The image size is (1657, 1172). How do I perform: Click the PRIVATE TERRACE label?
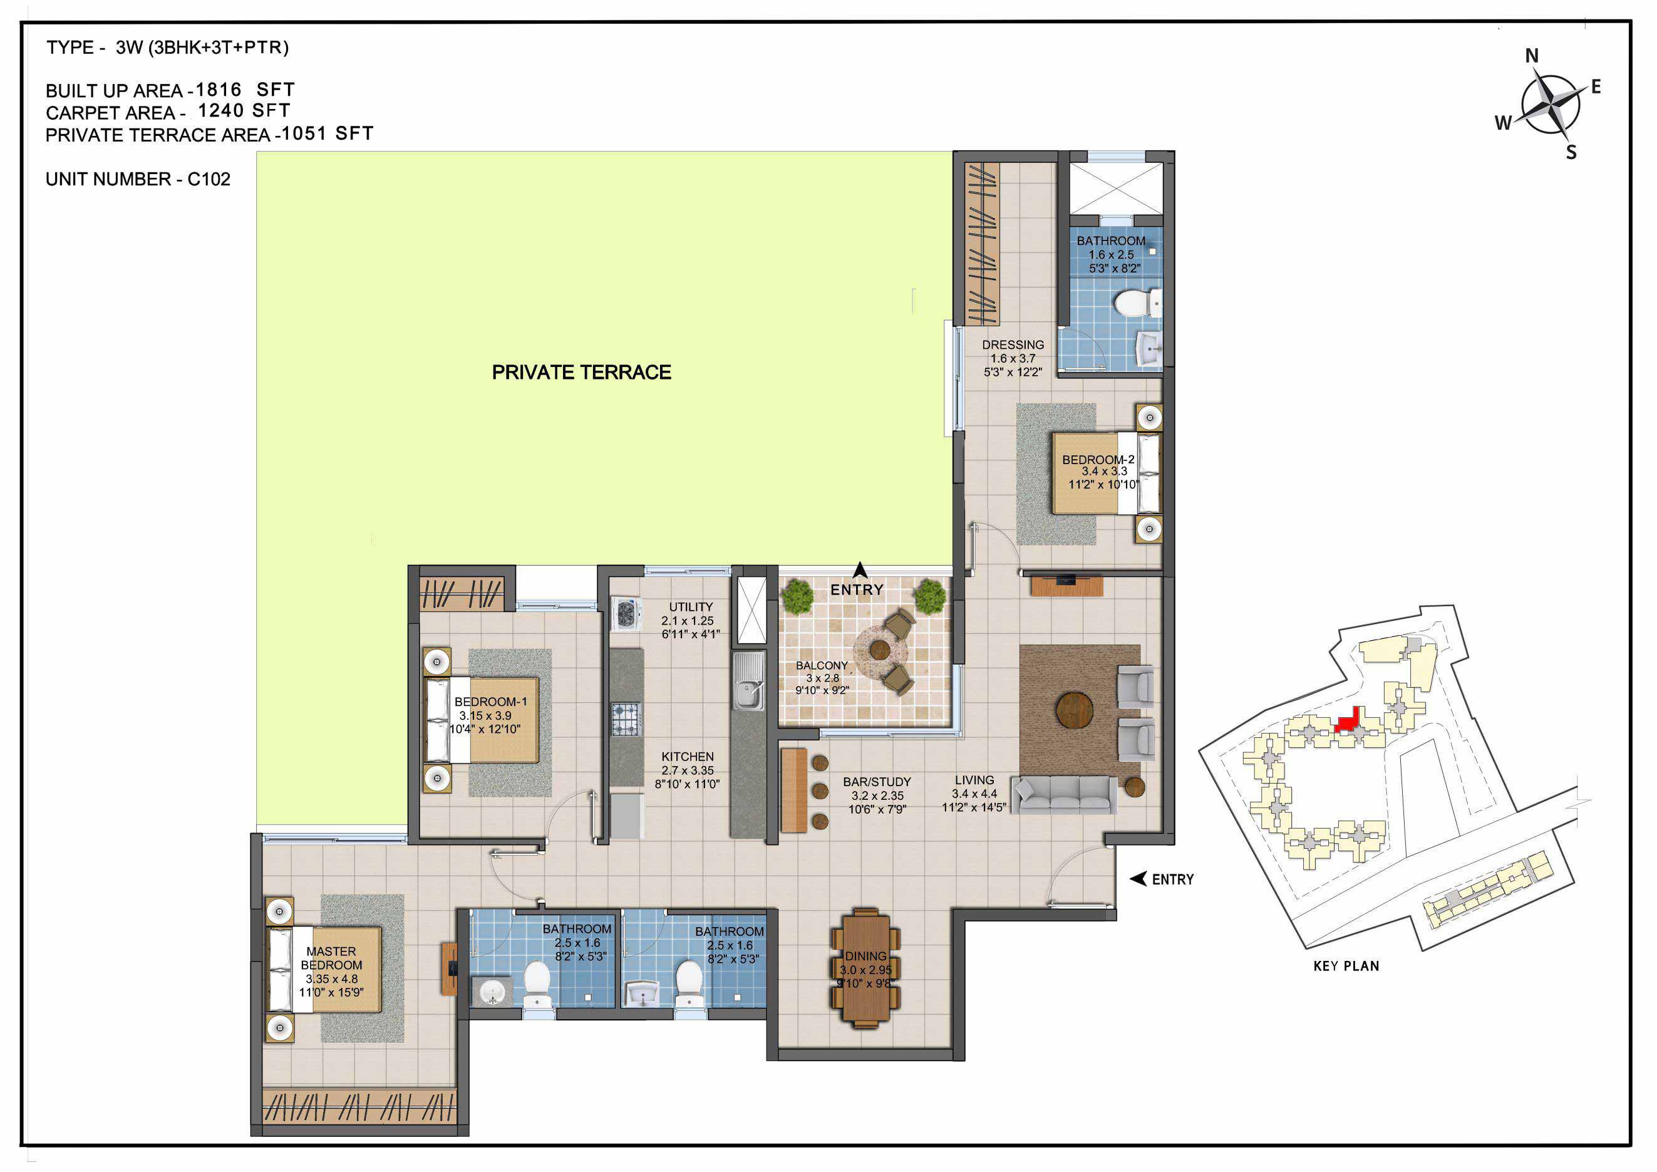pos(582,372)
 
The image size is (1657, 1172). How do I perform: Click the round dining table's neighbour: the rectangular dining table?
pos(865,968)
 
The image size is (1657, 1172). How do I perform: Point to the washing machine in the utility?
pos(626,614)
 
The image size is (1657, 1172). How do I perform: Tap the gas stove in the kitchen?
pos(626,720)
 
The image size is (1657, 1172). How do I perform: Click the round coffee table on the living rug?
pos(1074,710)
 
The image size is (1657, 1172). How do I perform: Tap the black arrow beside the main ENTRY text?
pos(1138,879)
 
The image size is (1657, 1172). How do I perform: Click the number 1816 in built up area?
pos(219,90)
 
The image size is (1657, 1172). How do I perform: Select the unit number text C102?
pos(209,179)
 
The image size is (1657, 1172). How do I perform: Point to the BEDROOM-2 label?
pos(1098,460)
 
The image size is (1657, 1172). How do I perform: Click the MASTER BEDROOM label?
pos(331,958)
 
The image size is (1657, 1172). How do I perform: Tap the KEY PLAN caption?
pos(1346,967)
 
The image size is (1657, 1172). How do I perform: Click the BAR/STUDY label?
pos(877,782)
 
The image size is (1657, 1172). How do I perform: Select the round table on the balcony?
pos(879,650)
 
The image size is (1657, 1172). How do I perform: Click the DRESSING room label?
pos(1013,345)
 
